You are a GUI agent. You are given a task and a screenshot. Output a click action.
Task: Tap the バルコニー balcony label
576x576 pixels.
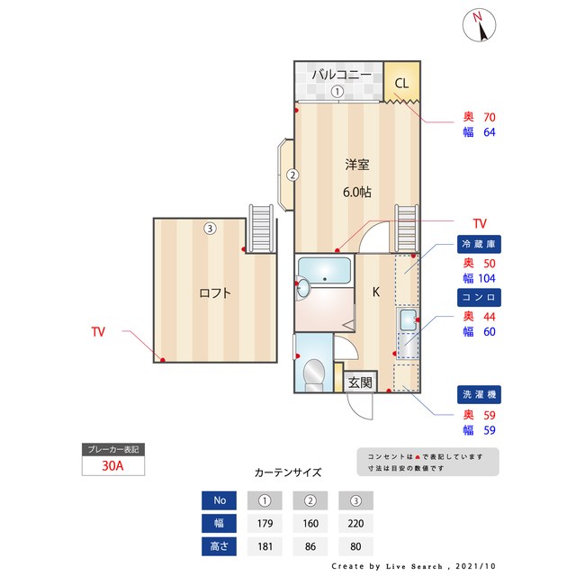336,75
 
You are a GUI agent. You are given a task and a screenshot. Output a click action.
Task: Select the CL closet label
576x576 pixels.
401,84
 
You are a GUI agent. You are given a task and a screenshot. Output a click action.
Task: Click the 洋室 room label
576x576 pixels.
357,165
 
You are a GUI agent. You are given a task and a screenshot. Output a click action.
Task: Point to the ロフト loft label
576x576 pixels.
215,292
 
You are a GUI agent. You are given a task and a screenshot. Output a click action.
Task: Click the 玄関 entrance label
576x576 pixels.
360,382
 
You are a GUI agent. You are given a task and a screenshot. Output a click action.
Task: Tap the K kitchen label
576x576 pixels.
376,292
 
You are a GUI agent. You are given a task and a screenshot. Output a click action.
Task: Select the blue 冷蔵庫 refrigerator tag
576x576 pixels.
479,244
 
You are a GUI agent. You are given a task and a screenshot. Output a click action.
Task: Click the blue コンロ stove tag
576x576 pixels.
479,296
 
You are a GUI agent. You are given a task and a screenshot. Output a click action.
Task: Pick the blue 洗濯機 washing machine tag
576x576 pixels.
479,394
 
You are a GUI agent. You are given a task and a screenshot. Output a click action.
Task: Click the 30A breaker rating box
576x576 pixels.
112,466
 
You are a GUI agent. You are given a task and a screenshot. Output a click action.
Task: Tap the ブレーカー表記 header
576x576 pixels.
112,449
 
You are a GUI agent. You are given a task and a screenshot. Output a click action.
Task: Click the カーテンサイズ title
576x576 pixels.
288,472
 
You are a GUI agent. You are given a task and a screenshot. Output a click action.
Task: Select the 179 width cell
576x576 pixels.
265,523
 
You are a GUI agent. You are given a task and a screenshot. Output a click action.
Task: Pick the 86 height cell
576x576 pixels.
310,546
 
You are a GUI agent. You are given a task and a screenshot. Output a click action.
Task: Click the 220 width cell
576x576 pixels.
355,523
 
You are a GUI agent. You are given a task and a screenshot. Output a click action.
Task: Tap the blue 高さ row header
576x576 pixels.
220,546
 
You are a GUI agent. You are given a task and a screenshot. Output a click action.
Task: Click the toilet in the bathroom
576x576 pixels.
314,373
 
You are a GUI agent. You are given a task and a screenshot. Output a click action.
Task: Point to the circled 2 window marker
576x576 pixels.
292,175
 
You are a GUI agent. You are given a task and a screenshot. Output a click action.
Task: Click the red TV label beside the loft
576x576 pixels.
97,332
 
